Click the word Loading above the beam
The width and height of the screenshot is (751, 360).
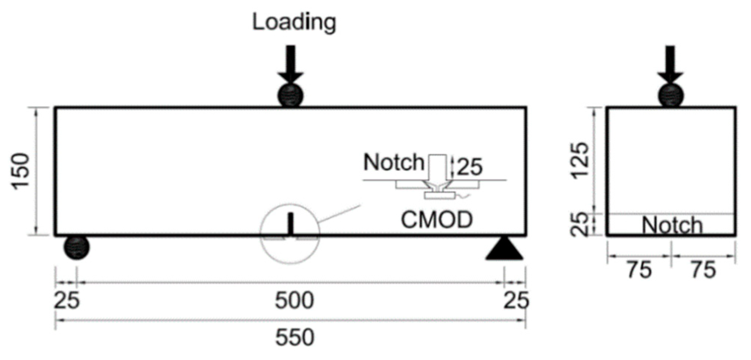coord(294,22)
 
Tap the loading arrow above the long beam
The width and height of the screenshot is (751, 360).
coord(291,63)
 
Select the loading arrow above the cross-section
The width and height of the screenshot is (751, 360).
coord(670,63)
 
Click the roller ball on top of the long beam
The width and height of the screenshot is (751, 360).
coord(291,95)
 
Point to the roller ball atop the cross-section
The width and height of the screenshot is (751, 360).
coord(671,95)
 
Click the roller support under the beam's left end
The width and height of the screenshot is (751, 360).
coord(77,247)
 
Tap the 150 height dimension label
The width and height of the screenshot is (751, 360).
coord(21,171)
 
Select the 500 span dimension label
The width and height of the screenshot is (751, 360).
coord(294,300)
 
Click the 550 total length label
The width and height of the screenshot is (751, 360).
coord(294,338)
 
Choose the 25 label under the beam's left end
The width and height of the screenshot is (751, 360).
coord(67,300)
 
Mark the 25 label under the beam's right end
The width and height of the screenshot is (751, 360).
coord(516,300)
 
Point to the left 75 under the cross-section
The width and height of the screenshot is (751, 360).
coord(639,270)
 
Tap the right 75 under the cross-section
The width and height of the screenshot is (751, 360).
coord(703,270)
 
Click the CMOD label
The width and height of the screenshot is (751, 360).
coord(436,220)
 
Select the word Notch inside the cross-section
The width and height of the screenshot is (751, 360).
coord(672,225)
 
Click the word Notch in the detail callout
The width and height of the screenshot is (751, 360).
coord(394,163)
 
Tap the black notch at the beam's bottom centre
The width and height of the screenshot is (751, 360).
coord(291,224)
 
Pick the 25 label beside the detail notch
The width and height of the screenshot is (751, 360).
coord(469,167)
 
